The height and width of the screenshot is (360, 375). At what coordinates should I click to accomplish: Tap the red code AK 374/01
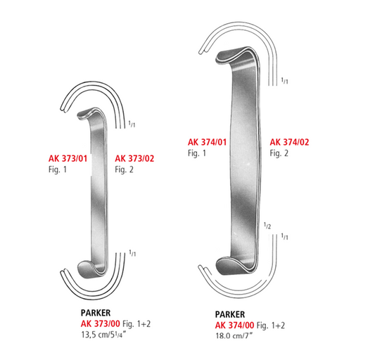[206, 142]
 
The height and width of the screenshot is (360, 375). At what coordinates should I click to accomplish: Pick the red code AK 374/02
[289, 142]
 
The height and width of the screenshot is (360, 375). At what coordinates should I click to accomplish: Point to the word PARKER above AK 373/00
[96, 313]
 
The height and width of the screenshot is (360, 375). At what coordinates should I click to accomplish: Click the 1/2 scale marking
[267, 226]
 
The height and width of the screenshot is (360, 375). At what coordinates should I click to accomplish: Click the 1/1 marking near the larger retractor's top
[284, 82]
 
